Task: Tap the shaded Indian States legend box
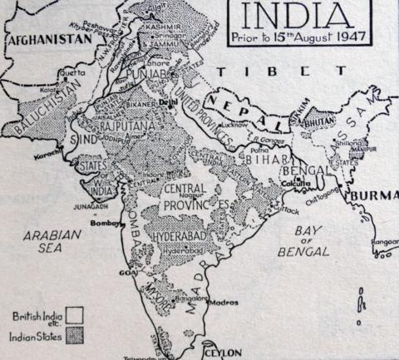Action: [75, 337]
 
